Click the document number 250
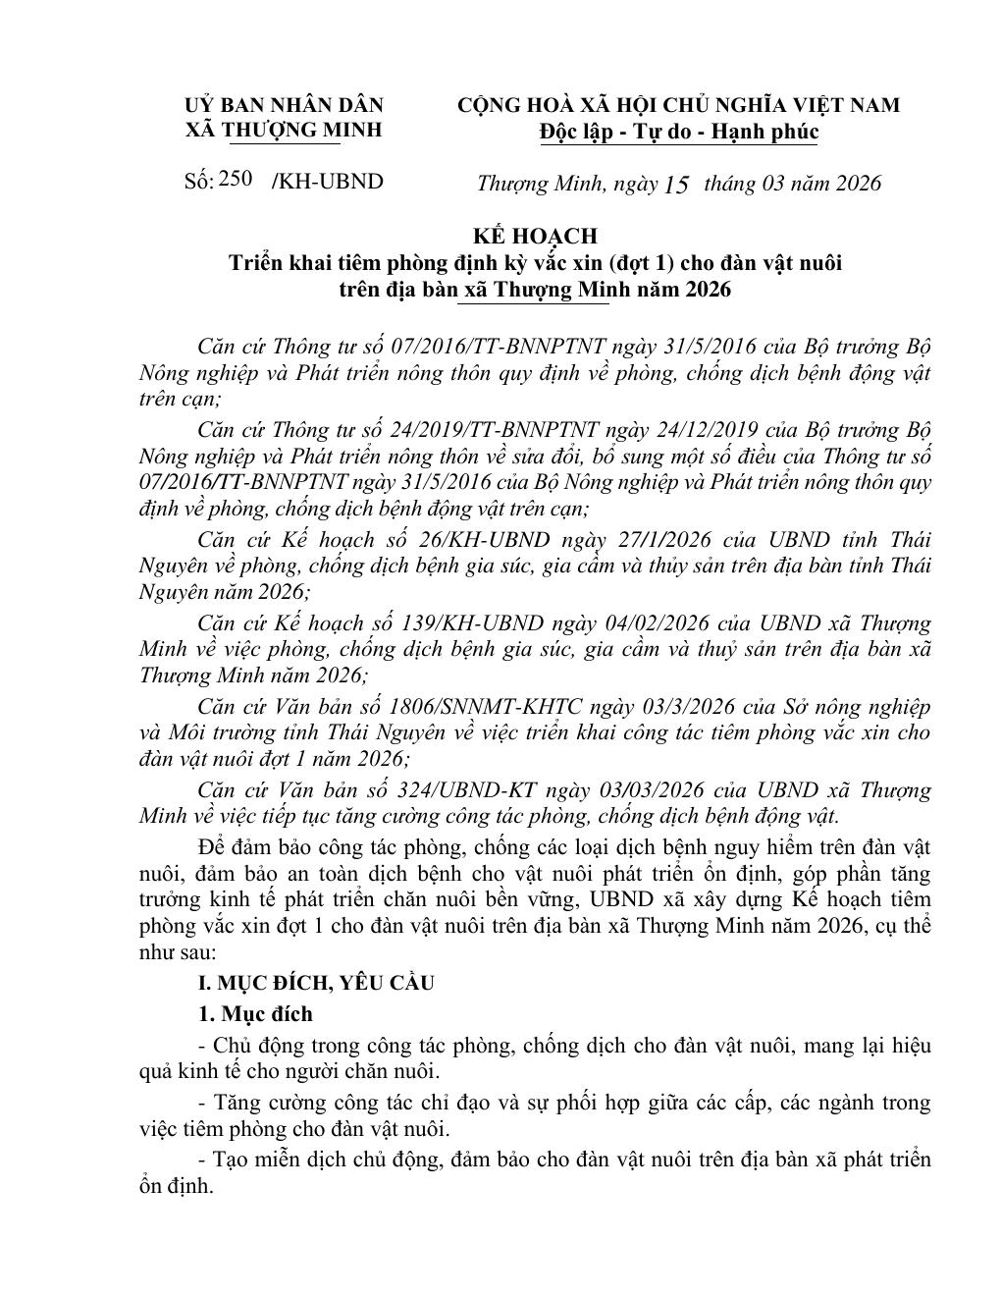click(237, 179)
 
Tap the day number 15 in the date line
click(677, 185)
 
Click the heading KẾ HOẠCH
click(535, 236)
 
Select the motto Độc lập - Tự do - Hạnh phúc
click(679, 132)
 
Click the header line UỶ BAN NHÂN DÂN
click(285, 105)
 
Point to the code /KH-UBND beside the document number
click(328, 182)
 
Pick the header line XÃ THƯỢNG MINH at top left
click(285, 131)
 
